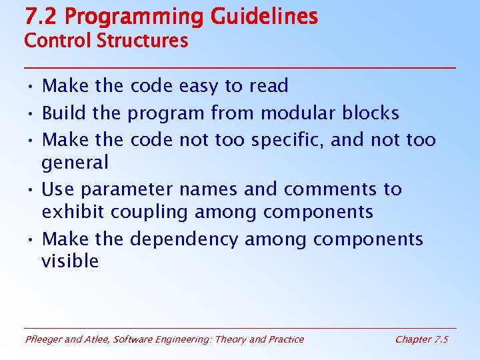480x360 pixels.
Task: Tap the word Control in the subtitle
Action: click(58, 41)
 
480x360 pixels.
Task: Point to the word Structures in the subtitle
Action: click(142, 41)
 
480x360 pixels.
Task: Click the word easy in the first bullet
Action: click(198, 86)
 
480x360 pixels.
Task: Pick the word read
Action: click(269, 86)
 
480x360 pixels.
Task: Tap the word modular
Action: click(298, 113)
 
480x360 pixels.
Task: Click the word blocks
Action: click(370, 113)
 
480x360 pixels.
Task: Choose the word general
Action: click(75, 163)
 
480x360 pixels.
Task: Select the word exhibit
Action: click(73, 212)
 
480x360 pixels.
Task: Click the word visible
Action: click(70, 261)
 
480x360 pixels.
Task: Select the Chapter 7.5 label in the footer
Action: click(421, 339)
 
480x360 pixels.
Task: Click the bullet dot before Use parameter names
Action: click(32, 190)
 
